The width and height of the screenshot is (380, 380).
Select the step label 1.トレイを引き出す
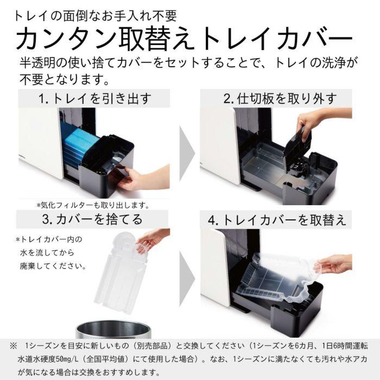click(x=94, y=99)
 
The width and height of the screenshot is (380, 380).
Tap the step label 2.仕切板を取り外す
click(x=280, y=99)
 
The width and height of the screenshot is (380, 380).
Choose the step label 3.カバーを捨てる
click(x=90, y=219)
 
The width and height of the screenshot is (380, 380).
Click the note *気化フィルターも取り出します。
click(x=92, y=205)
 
